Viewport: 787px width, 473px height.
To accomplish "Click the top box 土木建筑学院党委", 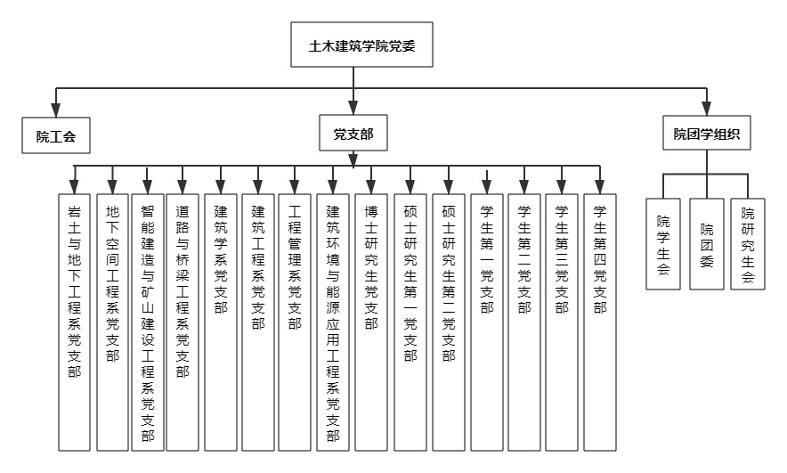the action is click(x=361, y=45).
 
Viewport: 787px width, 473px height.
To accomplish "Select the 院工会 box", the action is click(x=56, y=135).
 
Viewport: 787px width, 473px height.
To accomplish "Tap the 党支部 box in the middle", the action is click(x=353, y=133).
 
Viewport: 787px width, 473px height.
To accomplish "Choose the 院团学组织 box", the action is click(x=706, y=133).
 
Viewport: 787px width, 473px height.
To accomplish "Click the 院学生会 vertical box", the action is click(x=663, y=244).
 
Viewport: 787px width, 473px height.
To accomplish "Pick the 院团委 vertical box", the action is click(x=707, y=244).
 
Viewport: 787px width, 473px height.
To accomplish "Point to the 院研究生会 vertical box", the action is click(x=748, y=244).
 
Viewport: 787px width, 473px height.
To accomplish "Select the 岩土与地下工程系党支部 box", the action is click(x=74, y=322).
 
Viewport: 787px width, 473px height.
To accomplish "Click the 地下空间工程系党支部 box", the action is click(x=112, y=322).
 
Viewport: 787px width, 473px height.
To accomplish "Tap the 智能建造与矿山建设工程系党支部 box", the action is click(x=148, y=322).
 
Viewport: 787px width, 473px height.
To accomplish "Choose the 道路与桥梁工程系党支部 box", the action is click(x=183, y=322).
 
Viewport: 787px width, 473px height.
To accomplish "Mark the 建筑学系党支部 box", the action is click(x=221, y=322).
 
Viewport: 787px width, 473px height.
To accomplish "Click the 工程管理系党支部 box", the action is click(x=295, y=322).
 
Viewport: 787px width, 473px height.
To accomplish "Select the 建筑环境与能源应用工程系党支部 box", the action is click(x=333, y=322).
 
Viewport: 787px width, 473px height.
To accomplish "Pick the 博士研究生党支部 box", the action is click(x=371, y=322).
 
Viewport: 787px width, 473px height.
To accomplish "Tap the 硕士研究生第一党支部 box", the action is click(x=410, y=322).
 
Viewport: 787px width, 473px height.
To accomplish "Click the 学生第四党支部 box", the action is click(x=600, y=322).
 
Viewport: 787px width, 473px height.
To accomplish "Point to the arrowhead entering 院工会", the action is click(x=56, y=110).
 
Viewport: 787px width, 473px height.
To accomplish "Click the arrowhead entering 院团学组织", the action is click(x=707, y=109).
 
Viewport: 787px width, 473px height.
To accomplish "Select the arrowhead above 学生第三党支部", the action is click(x=562, y=187).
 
